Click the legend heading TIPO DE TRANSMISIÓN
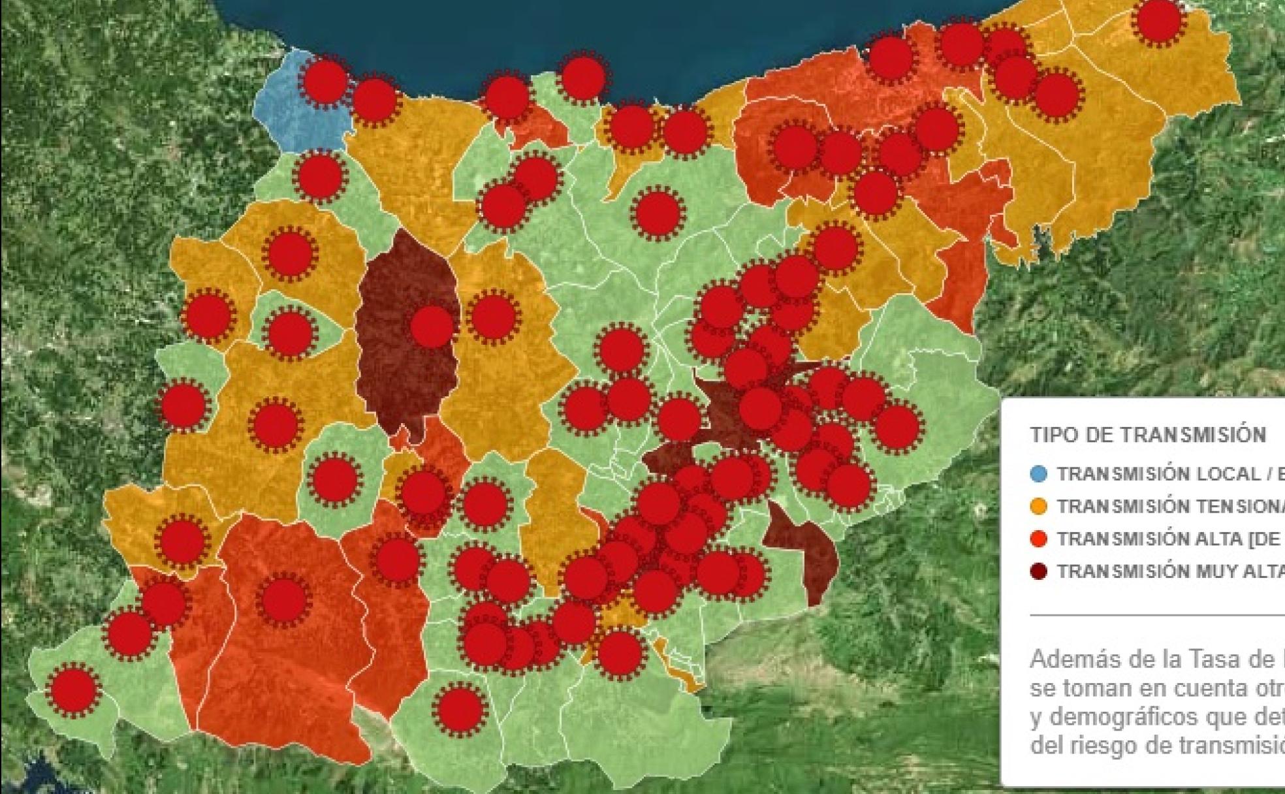pos(1148,435)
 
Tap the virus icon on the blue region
pos(325,81)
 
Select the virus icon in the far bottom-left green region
pos(73,690)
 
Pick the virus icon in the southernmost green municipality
pos(460,710)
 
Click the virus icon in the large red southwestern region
pos(283,599)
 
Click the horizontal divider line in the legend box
pos(1156,615)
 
